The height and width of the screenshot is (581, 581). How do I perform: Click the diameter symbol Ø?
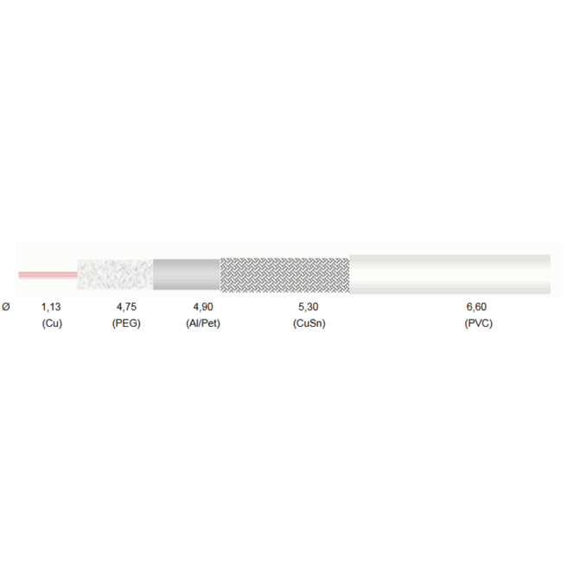(x=6, y=307)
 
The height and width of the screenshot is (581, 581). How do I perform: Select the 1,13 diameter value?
(x=51, y=307)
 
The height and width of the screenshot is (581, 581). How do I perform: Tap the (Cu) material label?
(x=52, y=323)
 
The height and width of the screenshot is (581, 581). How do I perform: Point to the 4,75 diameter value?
(x=126, y=307)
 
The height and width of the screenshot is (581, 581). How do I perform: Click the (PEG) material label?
(x=126, y=323)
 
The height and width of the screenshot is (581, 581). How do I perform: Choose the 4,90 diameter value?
(x=203, y=307)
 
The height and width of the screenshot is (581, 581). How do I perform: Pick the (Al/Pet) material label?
(x=203, y=323)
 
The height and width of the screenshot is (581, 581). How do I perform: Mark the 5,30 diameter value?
(x=309, y=307)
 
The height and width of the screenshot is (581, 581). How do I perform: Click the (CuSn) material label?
(x=310, y=323)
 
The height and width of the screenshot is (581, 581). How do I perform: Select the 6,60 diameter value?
(x=476, y=307)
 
